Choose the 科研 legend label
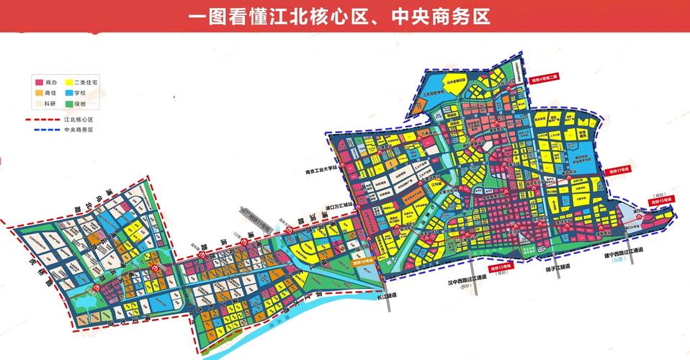(x=50, y=104)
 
